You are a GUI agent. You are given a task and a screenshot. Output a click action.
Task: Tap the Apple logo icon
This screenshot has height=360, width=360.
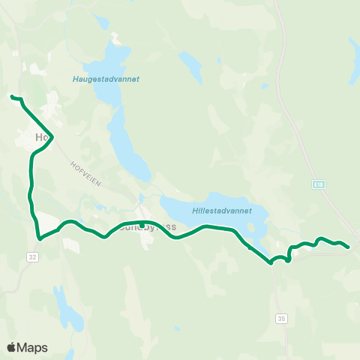[x=12, y=347]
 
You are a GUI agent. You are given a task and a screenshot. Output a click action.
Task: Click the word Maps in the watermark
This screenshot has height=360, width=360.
[x=32, y=347]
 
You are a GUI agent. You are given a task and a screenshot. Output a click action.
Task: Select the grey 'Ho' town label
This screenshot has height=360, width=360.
[x=42, y=138]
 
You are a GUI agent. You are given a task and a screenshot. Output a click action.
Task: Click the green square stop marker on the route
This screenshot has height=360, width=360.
[x=142, y=224]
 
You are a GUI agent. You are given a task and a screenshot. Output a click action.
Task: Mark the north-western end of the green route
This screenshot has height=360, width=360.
[x=11, y=97]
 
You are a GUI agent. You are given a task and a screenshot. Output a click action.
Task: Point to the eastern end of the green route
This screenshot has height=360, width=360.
[x=349, y=247]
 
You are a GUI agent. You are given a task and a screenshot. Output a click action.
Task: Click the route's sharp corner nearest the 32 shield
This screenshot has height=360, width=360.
[x=38, y=239]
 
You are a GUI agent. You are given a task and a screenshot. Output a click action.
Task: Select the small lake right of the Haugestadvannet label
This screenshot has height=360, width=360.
[x=193, y=71]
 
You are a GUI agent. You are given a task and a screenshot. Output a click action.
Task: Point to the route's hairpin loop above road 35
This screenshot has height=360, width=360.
[x=289, y=256]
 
